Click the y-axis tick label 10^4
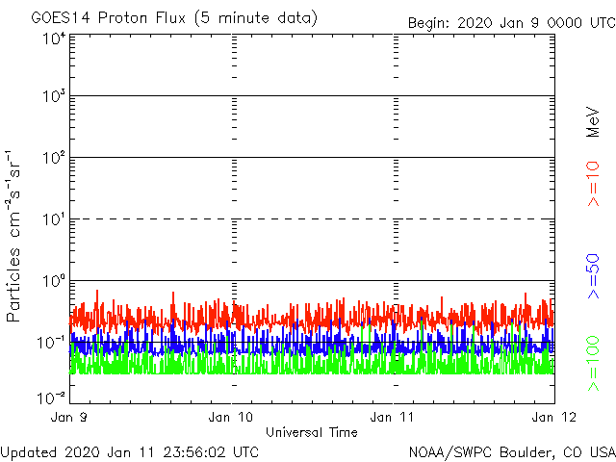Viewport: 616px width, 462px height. click(x=51, y=38)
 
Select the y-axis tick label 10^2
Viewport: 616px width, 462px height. click(x=51, y=160)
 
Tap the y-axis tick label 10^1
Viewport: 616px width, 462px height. click(x=51, y=221)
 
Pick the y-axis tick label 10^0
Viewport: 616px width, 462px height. click(x=51, y=283)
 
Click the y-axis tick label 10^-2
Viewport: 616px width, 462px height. click(x=51, y=396)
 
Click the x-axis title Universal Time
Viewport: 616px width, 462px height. click(x=311, y=432)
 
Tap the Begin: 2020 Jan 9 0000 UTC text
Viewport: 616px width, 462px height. click(x=509, y=22)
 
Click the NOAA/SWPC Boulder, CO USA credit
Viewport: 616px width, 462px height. click(x=511, y=451)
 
